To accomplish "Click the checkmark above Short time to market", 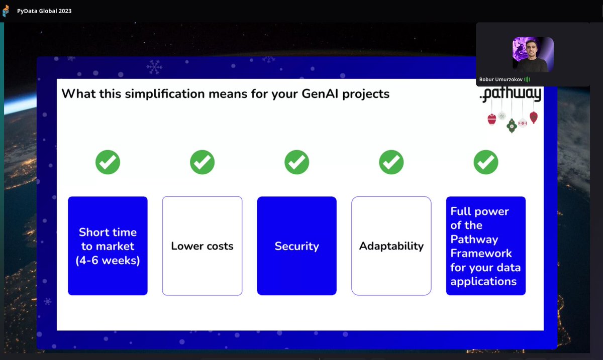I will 108,162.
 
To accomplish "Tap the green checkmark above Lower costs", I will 202,162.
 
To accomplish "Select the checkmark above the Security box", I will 296,162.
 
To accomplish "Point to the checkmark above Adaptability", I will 391,162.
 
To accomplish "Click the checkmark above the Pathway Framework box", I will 486,162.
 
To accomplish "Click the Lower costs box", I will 202,246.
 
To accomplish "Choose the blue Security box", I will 296,246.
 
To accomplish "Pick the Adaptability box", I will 391,246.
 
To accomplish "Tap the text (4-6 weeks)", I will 108,260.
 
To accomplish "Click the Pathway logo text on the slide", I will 511,94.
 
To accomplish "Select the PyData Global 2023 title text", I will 44,11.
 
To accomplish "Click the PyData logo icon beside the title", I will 6,11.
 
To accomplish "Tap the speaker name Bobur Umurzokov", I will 500,79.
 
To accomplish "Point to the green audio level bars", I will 527,79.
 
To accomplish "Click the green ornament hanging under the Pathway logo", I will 512,126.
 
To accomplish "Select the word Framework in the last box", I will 481,253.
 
